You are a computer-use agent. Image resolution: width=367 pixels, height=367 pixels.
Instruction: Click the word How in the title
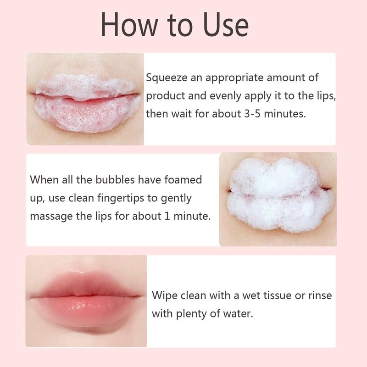tap(129, 25)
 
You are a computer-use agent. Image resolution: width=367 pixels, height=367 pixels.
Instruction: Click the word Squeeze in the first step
tap(167, 78)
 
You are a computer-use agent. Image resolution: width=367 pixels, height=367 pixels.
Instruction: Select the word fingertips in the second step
tap(121, 199)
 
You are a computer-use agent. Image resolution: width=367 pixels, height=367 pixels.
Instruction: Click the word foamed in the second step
tap(183, 180)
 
